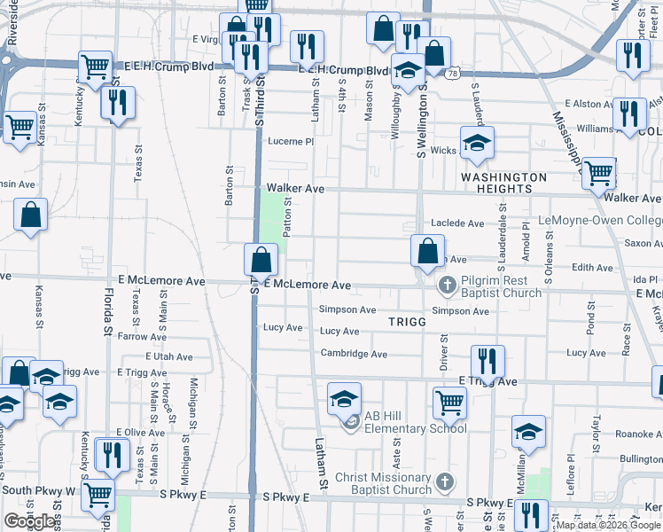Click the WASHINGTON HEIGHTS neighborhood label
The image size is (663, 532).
coord(503,184)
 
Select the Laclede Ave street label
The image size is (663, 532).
coord(457,223)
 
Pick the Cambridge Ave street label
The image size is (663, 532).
coord(354,354)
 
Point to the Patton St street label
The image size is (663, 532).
coord(287,217)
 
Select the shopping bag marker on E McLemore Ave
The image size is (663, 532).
coord(261,261)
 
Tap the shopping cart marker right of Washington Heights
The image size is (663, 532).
coord(599,174)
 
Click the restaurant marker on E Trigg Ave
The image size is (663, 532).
coord(487,361)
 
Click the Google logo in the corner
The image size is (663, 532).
coord(29,521)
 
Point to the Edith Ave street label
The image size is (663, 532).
coord(592,267)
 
